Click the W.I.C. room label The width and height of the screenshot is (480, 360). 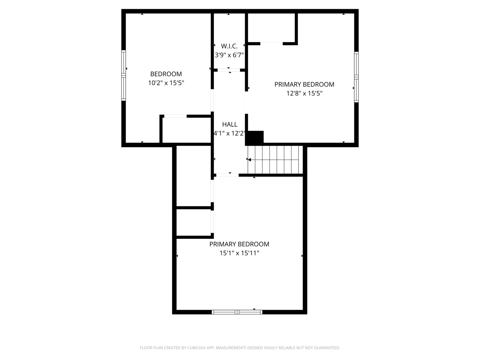229,46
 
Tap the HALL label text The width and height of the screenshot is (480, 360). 230,124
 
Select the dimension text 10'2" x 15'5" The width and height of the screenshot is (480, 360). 166,83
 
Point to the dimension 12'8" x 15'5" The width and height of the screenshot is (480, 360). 304,93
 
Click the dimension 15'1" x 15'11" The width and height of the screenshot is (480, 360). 239,253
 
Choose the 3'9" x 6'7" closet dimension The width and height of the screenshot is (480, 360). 229,55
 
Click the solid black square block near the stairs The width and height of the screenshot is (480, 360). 254,138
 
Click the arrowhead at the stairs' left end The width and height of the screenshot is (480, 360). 249,160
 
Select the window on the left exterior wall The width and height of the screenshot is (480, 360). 124,76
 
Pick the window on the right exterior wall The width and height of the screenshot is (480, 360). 356,77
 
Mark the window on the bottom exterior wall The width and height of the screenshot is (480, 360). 237,312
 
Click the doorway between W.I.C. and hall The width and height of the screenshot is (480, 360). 229,70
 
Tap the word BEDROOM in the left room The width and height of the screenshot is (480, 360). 166,74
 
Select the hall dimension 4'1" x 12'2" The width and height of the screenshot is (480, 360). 229,133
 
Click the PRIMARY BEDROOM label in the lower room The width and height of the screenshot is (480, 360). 239,244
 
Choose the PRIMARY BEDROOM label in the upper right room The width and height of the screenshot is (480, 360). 304,84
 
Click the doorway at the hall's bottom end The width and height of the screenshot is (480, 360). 228,175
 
